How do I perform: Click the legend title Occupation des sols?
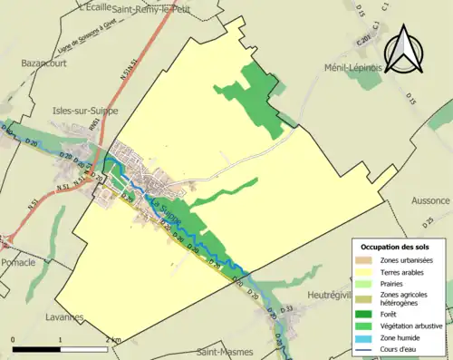point(396,247)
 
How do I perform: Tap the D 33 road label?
point(288,310)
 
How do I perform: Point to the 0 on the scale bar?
point(14,339)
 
